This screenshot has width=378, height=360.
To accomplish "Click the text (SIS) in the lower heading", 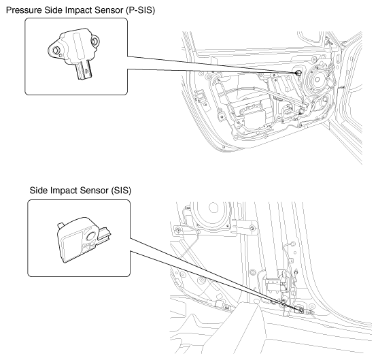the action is [121, 191].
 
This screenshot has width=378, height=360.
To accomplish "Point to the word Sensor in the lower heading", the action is [94, 191].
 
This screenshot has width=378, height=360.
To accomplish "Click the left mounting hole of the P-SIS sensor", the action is [56, 50].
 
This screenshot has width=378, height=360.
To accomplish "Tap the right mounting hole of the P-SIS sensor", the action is [94, 42].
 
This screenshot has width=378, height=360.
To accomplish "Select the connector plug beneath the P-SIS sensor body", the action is [84, 69].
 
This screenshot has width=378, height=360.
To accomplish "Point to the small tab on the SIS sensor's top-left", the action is [61, 225].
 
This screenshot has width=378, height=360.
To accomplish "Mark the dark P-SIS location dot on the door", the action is [298, 72].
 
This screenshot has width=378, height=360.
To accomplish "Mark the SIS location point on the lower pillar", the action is [300, 310].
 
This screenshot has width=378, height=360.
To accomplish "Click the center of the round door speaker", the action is [317, 80].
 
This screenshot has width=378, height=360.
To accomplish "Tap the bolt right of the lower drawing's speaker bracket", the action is [252, 228].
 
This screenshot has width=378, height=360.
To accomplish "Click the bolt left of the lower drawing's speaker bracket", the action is [177, 229].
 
